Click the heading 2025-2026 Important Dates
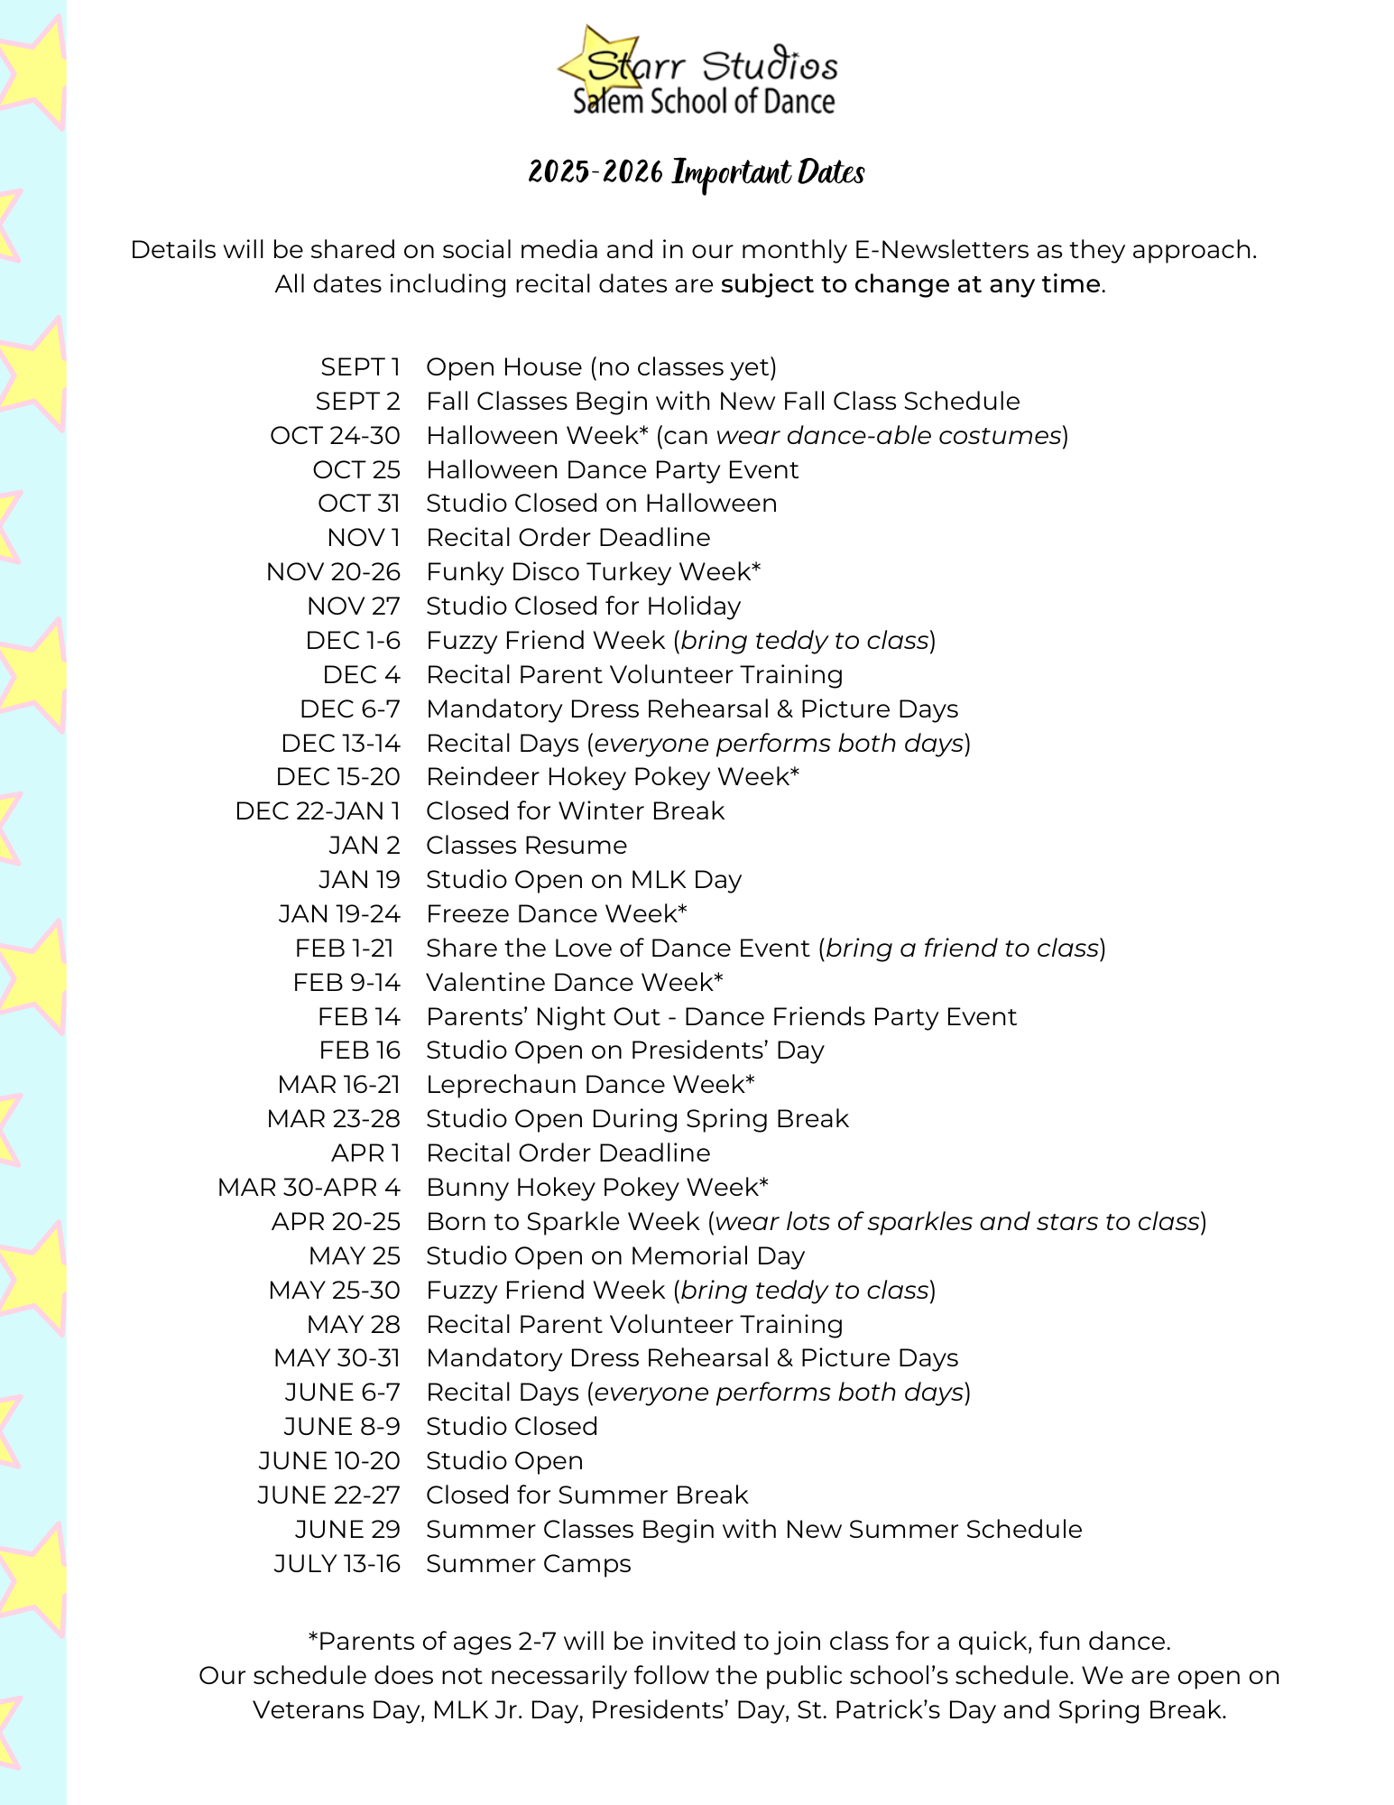point(696,172)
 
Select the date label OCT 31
point(358,503)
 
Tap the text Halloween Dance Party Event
point(612,469)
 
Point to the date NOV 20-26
point(333,571)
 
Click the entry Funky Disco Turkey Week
point(593,571)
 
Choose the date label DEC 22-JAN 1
point(318,810)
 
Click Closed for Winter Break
point(575,810)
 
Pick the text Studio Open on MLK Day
point(583,879)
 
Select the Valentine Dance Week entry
point(574,982)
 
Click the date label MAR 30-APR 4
point(309,1187)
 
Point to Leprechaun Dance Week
point(590,1084)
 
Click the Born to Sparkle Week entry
point(562,1221)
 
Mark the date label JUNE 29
point(346,1529)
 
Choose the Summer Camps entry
point(528,1563)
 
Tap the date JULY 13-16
point(337,1563)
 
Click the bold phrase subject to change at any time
point(910,283)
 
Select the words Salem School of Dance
point(704,100)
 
